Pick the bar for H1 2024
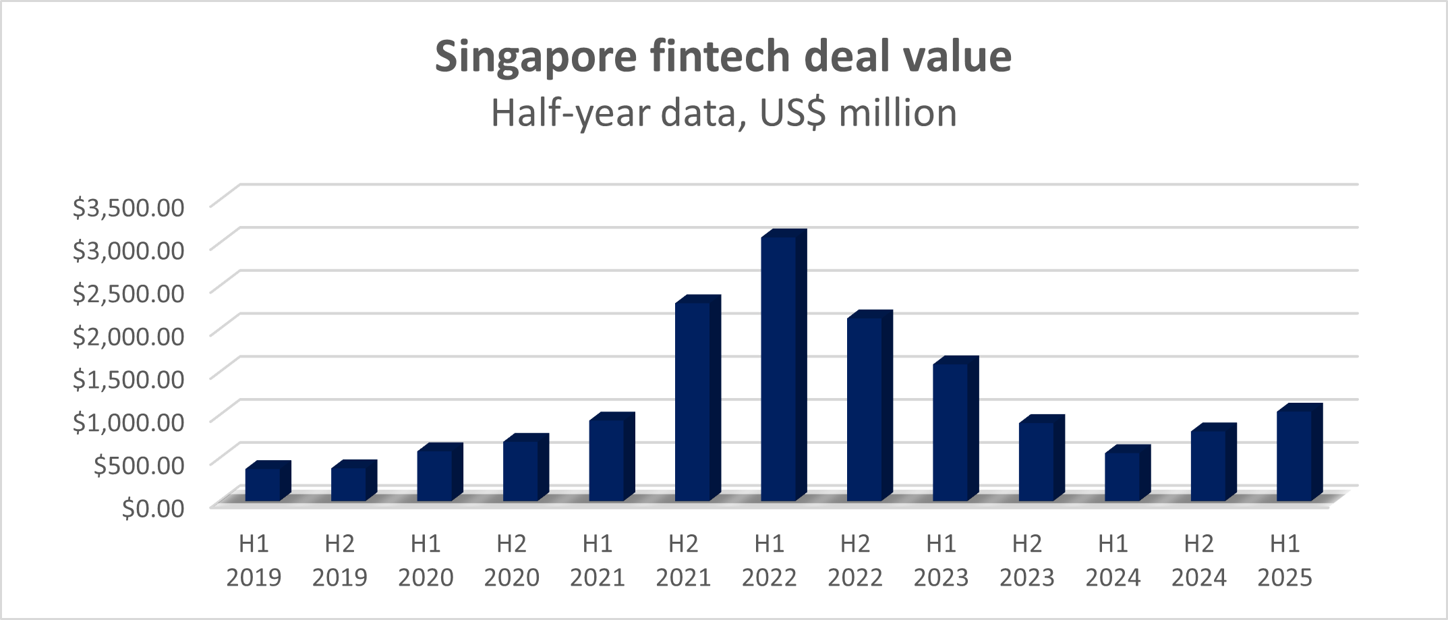pyautogui.click(x=1123, y=476)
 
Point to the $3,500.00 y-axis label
pyautogui.click(x=128, y=207)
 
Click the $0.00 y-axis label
pyautogui.click(x=152, y=507)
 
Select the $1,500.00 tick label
pyautogui.click(x=128, y=378)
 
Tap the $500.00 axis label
pyautogui.click(x=138, y=464)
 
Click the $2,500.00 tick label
pyautogui.click(x=128, y=293)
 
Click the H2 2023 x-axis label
pyautogui.click(x=1026, y=560)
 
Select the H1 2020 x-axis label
pyautogui.click(x=425, y=560)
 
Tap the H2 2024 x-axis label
pyautogui.click(x=1198, y=560)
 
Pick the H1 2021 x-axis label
pyautogui.click(x=597, y=560)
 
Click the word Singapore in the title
pyautogui.click(x=535, y=57)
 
